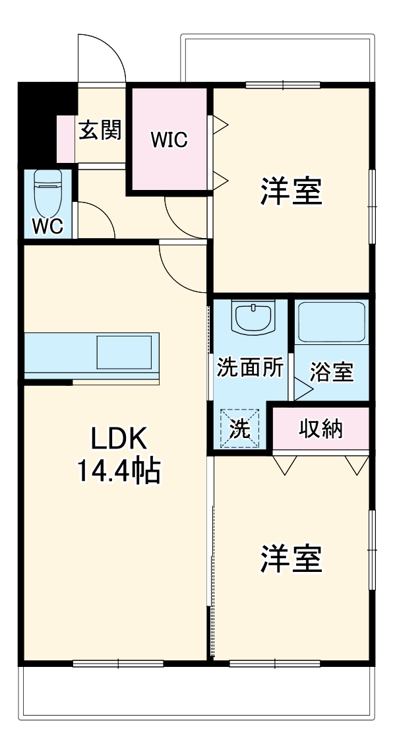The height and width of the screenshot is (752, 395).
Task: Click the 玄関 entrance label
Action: (x=100, y=130)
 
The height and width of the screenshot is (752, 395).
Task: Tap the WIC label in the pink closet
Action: (x=169, y=139)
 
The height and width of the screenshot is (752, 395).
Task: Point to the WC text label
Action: (x=47, y=226)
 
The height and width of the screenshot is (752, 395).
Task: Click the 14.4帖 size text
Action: (x=119, y=471)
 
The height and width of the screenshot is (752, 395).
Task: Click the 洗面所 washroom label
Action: (x=250, y=368)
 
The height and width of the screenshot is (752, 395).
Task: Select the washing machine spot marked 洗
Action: (x=240, y=429)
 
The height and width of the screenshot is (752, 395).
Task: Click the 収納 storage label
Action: (x=321, y=429)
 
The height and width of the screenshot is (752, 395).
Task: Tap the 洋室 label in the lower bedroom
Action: (x=291, y=559)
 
